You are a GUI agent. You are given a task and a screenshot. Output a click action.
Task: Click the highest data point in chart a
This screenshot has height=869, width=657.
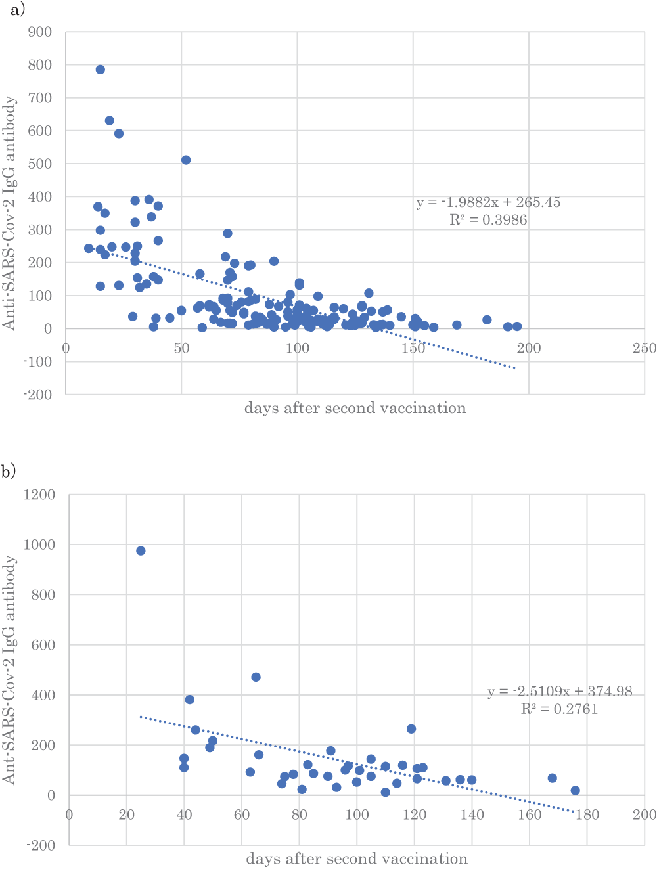pos(101,70)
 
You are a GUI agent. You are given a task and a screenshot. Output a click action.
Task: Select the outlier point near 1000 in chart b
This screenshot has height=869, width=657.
pos(141,551)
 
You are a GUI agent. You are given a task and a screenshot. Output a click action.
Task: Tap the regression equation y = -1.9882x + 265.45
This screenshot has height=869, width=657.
pos(488,202)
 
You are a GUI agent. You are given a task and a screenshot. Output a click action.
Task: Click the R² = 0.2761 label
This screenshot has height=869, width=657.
pos(559,709)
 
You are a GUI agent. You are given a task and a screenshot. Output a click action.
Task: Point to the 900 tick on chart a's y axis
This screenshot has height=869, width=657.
pos(41,32)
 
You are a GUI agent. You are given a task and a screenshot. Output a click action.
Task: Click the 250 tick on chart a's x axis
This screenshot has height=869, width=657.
pos(645,348)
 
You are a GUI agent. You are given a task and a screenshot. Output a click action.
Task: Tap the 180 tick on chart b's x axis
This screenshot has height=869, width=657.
pos(587,814)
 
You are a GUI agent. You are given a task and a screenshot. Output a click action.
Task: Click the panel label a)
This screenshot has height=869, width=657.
pos(13,9)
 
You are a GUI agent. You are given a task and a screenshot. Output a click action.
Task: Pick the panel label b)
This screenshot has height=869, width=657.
pos(9,471)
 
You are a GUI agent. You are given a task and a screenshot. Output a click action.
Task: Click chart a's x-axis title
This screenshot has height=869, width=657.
pos(355,409)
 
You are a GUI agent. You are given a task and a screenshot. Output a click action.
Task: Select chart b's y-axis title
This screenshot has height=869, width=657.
pos(9,669)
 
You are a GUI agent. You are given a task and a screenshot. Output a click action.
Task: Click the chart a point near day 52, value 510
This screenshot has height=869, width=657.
pos(186,160)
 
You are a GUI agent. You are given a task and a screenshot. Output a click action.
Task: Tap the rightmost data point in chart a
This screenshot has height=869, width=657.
pos(517,326)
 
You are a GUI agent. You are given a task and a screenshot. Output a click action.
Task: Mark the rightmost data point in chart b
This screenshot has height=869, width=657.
pos(576,791)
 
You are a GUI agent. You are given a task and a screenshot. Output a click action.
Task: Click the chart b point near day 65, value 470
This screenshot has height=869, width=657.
pos(256,677)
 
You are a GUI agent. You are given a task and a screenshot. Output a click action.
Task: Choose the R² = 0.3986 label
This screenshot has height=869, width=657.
pos(488,220)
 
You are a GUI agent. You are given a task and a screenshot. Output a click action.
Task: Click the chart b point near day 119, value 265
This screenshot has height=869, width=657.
pos(411,729)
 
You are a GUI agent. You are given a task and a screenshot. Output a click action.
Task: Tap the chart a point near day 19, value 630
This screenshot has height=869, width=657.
pos(110,121)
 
